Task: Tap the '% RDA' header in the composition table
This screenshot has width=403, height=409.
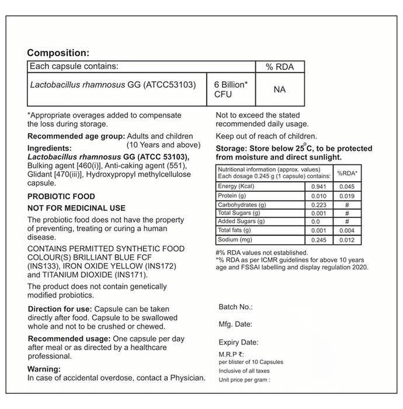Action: (x=279, y=67)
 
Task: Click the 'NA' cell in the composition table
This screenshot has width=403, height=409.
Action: (x=279, y=89)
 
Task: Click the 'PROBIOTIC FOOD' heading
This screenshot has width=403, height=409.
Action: (x=61, y=196)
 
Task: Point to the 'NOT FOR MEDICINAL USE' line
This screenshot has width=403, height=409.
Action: (x=77, y=208)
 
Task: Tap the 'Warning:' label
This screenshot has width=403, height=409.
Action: (x=44, y=369)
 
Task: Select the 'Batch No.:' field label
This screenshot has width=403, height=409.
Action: (x=235, y=306)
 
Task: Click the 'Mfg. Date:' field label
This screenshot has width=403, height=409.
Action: (x=235, y=324)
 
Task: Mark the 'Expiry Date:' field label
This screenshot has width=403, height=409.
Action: (x=238, y=342)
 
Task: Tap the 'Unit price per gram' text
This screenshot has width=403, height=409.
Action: (x=244, y=379)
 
